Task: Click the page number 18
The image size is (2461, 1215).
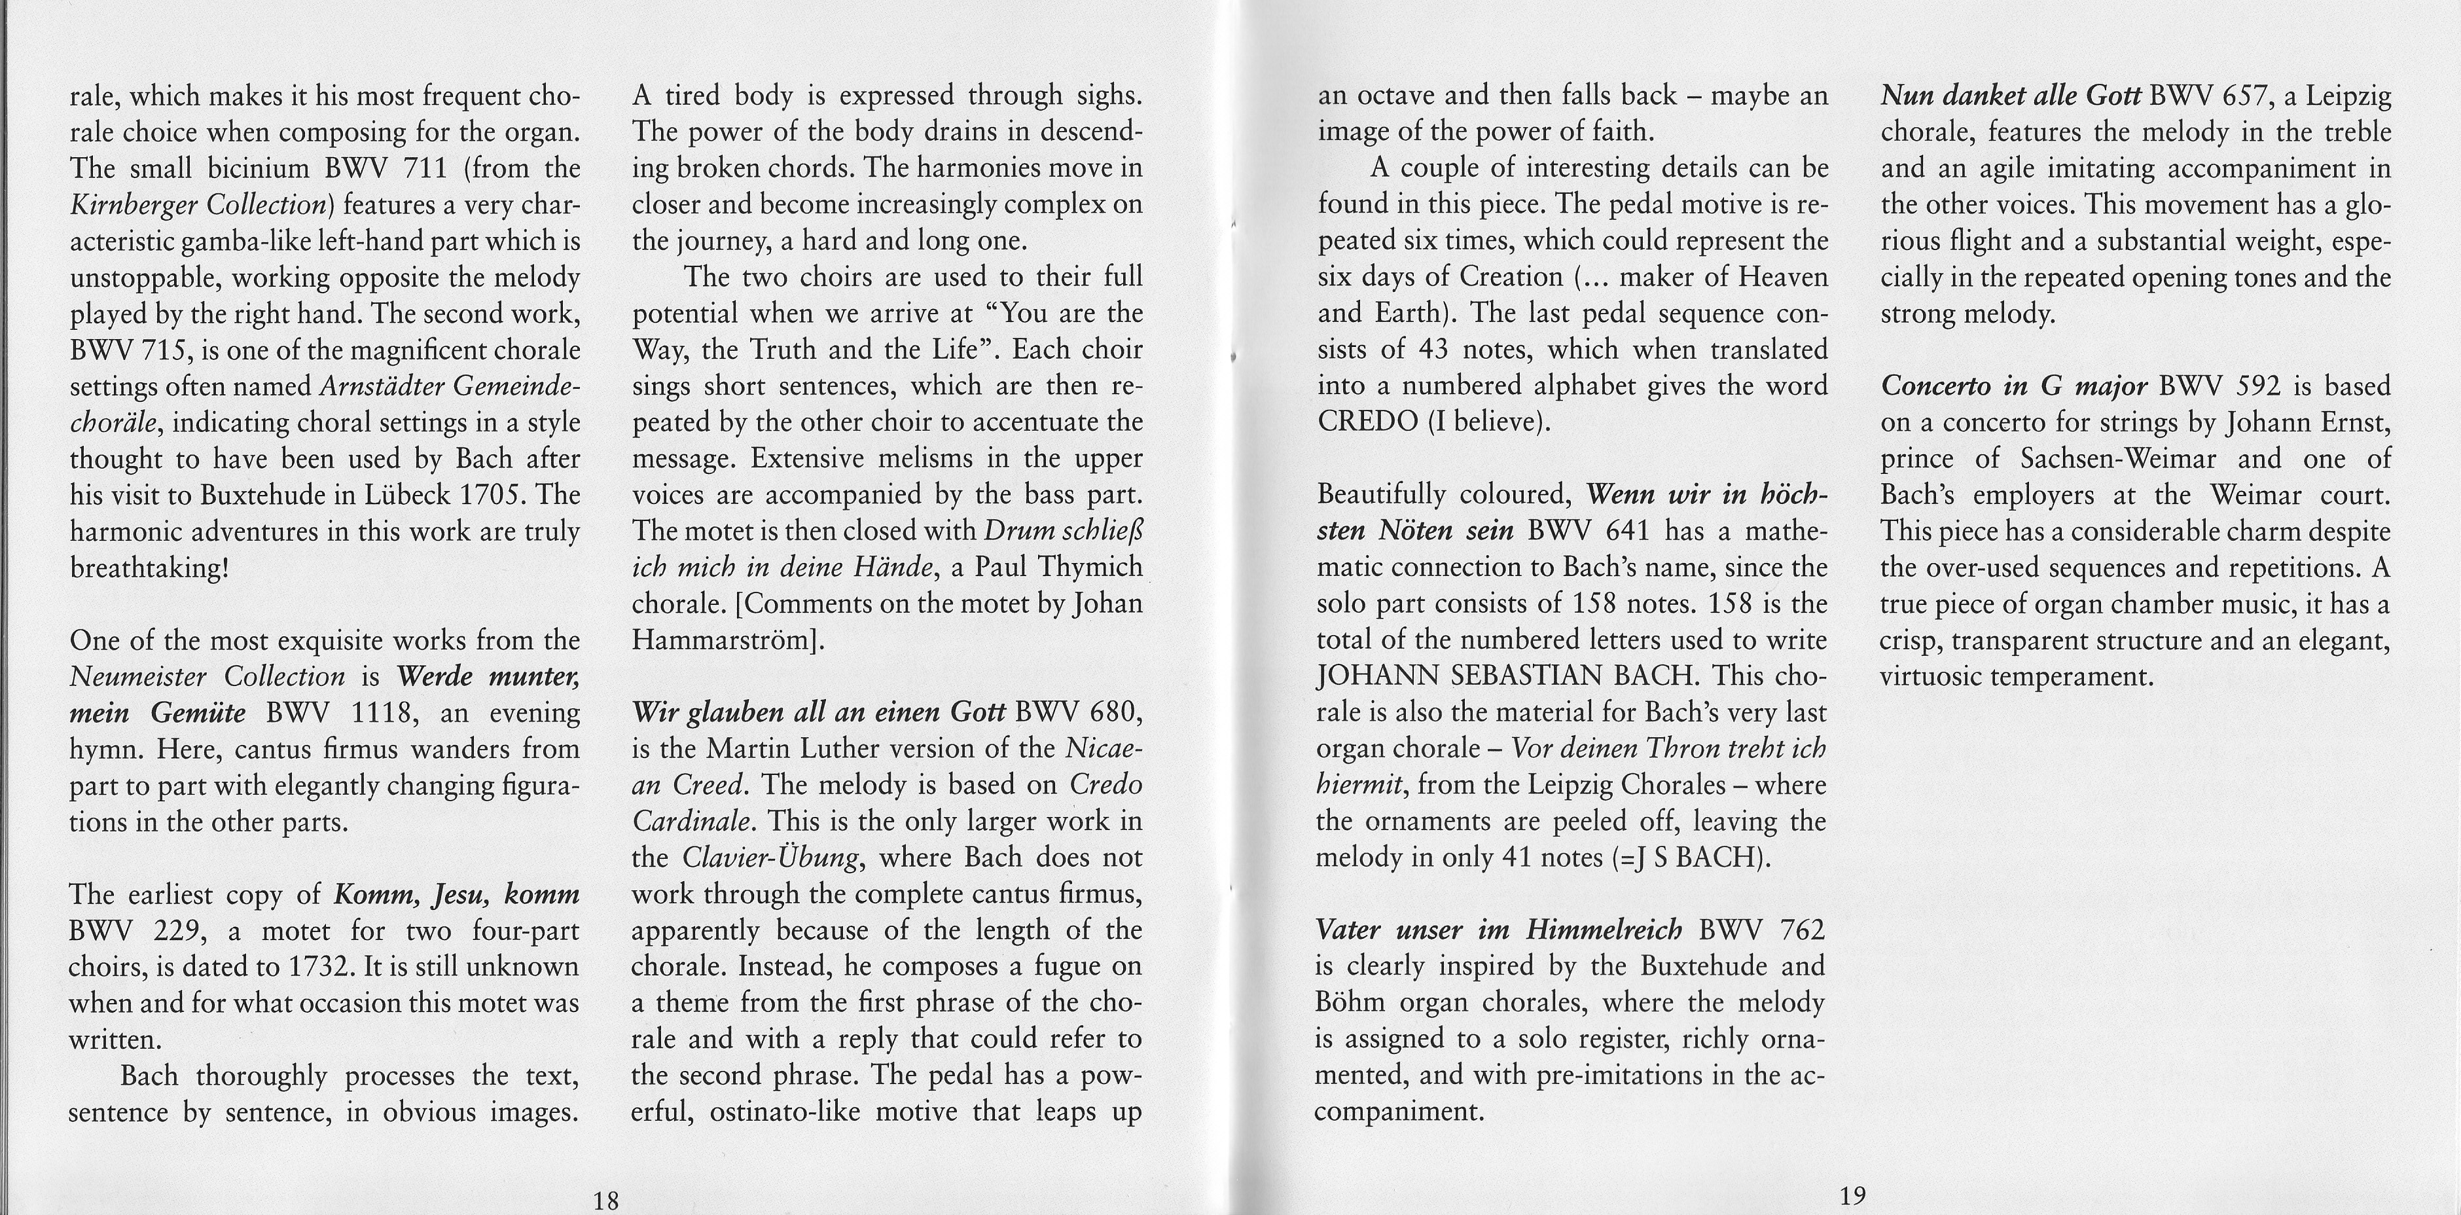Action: [605, 1201]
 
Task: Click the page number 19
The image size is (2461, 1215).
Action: [1852, 1195]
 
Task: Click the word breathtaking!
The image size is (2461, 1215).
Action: [149, 568]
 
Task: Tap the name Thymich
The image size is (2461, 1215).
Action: [1090, 568]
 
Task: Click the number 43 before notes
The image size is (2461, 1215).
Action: [1434, 350]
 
